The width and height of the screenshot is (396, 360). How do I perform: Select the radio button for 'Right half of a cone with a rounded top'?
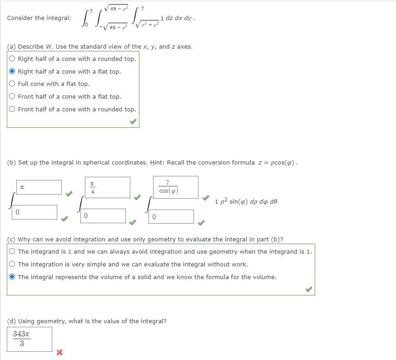tap(12, 59)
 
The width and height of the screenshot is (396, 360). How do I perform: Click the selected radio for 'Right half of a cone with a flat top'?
tap(12, 71)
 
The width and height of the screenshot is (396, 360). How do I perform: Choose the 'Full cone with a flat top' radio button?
tap(12, 84)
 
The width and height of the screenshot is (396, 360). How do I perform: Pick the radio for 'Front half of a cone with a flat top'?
tap(12, 96)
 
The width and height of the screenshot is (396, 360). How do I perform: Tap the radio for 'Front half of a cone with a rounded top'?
tap(12, 109)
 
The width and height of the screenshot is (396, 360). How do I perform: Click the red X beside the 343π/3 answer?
tap(59, 352)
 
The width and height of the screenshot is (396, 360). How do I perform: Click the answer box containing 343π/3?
tap(30, 339)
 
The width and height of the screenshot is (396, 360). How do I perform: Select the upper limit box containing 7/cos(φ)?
tap(175, 187)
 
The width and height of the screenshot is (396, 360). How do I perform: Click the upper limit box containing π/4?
tap(107, 187)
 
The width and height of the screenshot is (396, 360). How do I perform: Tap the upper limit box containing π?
tap(39, 187)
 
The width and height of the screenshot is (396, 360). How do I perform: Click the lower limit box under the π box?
tap(35, 212)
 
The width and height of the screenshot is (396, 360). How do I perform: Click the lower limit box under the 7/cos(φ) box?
tap(171, 216)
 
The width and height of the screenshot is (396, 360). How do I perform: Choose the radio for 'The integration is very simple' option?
tap(12, 264)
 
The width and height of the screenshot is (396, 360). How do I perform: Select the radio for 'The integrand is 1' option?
tap(12, 251)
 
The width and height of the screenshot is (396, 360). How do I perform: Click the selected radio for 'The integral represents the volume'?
tap(12, 277)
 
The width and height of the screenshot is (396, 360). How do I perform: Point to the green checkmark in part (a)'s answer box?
tap(132, 122)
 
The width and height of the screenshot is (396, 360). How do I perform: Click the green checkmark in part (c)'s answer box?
tap(308, 289)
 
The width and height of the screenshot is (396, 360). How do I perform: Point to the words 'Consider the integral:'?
tap(39, 18)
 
